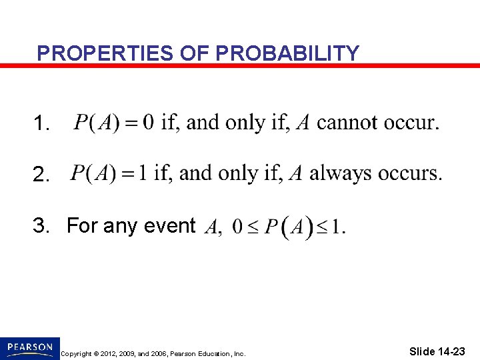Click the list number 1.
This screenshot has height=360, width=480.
coord(41,124)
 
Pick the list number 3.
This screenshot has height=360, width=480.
coord(41,226)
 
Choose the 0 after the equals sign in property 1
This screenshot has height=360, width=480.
coord(149,123)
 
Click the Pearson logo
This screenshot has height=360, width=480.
coord(30,347)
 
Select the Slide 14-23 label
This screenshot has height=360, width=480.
coord(438,351)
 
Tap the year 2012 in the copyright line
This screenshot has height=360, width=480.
coord(116,354)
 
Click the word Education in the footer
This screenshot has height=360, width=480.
coord(213,354)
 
